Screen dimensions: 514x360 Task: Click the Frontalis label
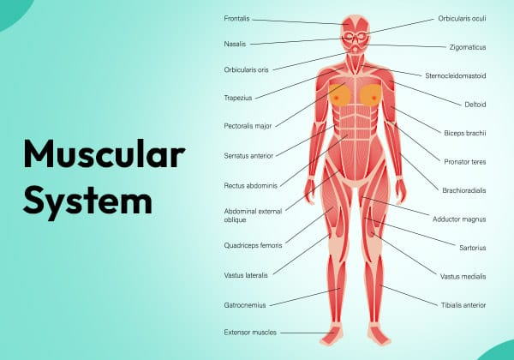(x=236, y=18)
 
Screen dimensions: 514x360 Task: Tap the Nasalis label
(x=235, y=44)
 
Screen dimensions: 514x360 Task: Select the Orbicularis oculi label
(x=462, y=19)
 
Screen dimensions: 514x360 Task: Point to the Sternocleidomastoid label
(x=456, y=75)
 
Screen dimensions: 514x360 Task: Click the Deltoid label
(x=475, y=105)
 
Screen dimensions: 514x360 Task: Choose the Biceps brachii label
(x=465, y=133)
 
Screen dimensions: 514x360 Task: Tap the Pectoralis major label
(x=248, y=126)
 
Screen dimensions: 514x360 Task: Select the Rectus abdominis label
(x=251, y=186)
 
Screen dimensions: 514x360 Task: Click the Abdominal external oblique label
(x=253, y=215)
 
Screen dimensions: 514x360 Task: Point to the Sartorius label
(x=472, y=248)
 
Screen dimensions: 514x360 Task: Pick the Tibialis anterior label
(x=463, y=305)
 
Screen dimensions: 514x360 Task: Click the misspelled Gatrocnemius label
(x=245, y=305)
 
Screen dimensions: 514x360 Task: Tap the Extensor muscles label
(x=250, y=333)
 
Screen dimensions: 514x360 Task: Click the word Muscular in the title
(x=105, y=154)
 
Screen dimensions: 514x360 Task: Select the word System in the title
(x=88, y=201)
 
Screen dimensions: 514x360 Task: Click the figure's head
(x=356, y=33)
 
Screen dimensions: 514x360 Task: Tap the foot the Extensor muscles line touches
(x=332, y=334)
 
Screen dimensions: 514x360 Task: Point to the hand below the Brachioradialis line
(x=401, y=191)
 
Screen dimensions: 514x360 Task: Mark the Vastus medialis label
(x=463, y=277)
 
